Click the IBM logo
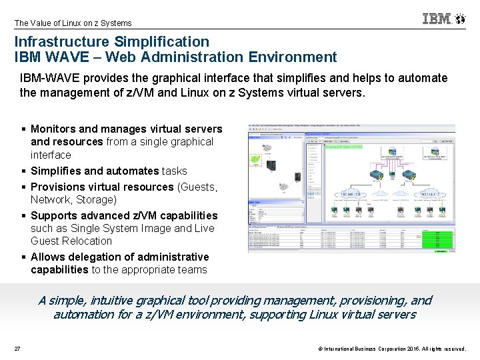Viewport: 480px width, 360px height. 437,19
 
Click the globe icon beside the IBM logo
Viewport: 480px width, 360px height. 460,19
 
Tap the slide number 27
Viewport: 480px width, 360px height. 17,349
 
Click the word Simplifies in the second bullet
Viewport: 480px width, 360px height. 57,171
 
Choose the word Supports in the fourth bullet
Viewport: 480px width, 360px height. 54,215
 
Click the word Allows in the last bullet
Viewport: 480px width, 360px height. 47,257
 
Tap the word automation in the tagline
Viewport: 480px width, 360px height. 85,314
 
